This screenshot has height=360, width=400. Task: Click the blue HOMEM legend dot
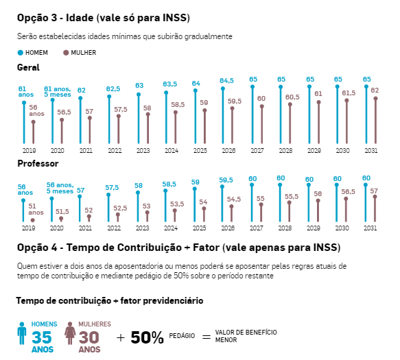21,53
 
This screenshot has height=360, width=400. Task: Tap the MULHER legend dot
66,53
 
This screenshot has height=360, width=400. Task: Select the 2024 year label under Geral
172,151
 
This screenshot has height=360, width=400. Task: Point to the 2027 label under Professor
257,228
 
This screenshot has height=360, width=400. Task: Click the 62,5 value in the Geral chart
113,89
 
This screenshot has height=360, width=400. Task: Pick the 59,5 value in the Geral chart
235,101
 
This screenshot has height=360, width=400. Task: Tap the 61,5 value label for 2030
349,93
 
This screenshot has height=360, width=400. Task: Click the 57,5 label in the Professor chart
112,188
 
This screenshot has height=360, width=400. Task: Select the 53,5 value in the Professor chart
177,204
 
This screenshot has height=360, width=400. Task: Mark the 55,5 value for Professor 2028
292,197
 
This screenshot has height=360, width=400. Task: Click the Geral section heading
28,68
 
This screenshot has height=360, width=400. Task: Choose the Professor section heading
38,163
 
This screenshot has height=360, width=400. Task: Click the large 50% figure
147,338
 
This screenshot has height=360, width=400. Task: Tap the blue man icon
22,333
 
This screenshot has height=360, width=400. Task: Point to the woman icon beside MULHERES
70,333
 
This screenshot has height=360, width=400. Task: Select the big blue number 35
42,337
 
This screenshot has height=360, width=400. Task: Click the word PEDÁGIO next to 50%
182,336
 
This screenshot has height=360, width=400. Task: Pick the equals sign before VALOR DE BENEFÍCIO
207,337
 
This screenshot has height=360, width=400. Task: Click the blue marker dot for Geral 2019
24,103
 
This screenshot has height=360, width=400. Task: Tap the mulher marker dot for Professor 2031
375,197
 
